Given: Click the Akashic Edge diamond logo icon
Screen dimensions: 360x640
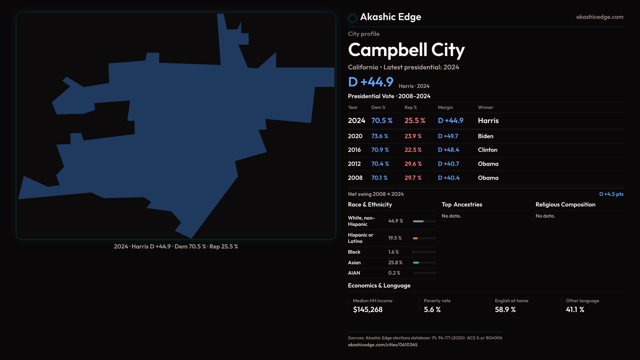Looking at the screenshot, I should pyautogui.click(x=352, y=18).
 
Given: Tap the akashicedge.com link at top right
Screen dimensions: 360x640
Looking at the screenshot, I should pyautogui.click(x=600, y=17).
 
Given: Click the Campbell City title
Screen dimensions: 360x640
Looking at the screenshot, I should pyautogui.click(x=406, y=50).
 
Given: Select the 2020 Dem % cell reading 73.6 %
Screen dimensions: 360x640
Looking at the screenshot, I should pyautogui.click(x=380, y=136).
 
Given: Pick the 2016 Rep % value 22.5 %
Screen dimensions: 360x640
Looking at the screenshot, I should pyautogui.click(x=413, y=150).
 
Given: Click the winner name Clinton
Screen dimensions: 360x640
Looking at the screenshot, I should pyautogui.click(x=487, y=150).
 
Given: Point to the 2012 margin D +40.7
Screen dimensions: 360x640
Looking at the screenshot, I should pyautogui.click(x=448, y=164).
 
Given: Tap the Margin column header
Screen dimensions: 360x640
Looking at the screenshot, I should pyautogui.click(x=445, y=107).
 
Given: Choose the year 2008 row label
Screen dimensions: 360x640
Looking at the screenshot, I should pyautogui.click(x=355, y=178).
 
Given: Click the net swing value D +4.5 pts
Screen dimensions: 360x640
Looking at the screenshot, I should pyautogui.click(x=611, y=194).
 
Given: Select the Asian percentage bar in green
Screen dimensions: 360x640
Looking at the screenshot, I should pyautogui.click(x=416, y=263).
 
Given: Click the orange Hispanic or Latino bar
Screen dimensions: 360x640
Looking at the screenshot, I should pyautogui.click(x=415, y=238).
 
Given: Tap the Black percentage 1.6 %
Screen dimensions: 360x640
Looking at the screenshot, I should pyautogui.click(x=393, y=252).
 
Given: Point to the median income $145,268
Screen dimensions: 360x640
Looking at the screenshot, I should pyautogui.click(x=368, y=310).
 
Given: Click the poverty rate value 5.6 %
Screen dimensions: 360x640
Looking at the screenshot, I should pyautogui.click(x=432, y=310).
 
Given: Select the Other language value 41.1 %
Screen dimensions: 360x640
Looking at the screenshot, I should pyautogui.click(x=575, y=310).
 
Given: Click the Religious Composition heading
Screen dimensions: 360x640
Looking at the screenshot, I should pyautogui.click(x=565, y=205).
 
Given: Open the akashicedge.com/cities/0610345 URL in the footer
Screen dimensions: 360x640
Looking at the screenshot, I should pyautogui.click(x=383, y=345).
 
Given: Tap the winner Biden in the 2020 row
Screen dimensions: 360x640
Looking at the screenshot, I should pyautogui.click(x=485, y=136).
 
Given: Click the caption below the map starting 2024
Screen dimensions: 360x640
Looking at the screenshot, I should pyautogui.click(x=176, y=247).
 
